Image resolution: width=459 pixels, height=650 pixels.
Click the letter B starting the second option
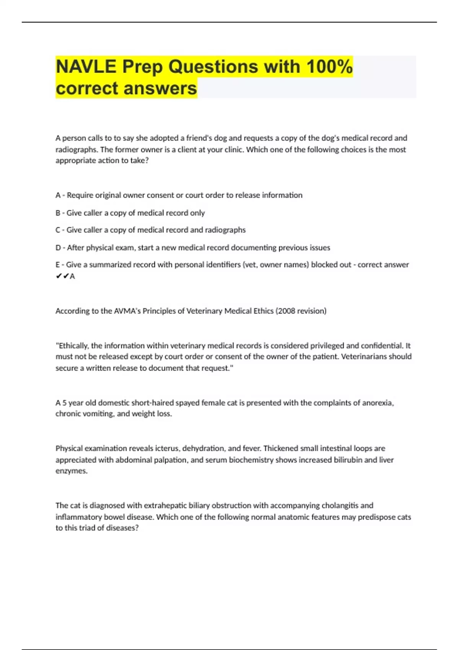pos(58,213)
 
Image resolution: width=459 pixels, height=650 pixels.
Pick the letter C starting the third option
pos(58,230)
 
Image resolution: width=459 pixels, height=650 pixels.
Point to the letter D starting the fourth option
pos(58,247)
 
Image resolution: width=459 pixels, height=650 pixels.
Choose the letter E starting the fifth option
pos(58,265)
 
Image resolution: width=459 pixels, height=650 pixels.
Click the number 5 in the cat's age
pos(65,403)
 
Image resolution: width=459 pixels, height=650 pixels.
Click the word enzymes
pos(71,471)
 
